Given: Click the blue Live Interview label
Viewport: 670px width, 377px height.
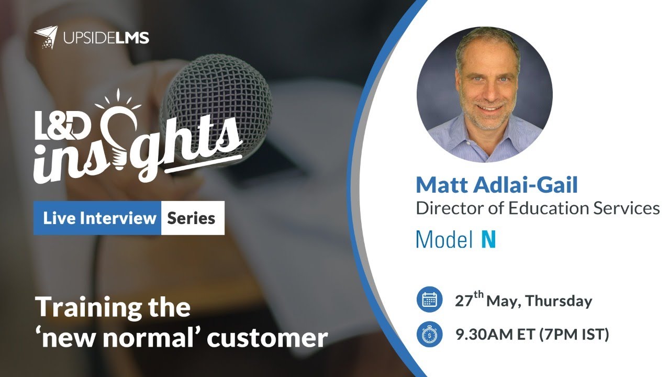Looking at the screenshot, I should (x=99, y=218).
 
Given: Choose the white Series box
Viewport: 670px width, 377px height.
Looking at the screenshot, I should (x=192, y=218).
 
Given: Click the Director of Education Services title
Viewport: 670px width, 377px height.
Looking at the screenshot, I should (x=537, y=208).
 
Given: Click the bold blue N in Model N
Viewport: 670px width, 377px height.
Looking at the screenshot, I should (x=488, y=239).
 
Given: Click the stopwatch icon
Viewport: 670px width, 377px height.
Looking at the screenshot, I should (x=430, y=335).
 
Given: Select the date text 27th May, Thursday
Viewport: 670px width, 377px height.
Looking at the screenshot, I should (x=523, y=301).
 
